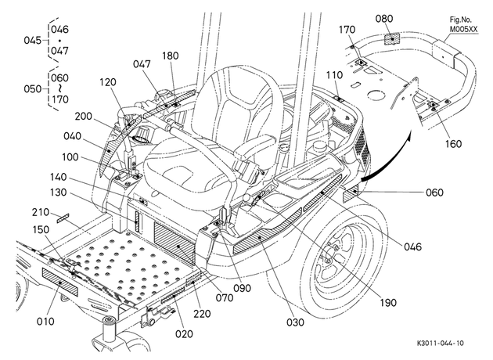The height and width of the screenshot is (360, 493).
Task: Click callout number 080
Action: pyautogui.click(x=384, y=19)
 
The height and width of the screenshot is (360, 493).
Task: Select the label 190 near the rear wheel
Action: pyautogui.click(x=388, y=303)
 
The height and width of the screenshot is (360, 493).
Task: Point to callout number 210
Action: pyautogui.click(x=41, y=213)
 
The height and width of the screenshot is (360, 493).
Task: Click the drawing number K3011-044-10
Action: pyautogui.click(x=440, y=343)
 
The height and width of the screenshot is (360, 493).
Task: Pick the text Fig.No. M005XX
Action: pyautogui.click(x=463, y=24)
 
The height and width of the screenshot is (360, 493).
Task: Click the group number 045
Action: pyautogui.click(x=33, y=41)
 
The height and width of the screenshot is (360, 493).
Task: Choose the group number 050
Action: pyautogui.click(x=33, y=89)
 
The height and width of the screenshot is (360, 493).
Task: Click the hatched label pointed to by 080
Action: pyautogui.click(x=392, y=39)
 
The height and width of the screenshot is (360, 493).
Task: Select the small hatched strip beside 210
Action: pyautogui.click(x=63, y=218)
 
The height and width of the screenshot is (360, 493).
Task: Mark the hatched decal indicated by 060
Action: pyautogui.click(x=350, y=194)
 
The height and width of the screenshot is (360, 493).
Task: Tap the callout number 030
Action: pyautogui.click(x=295, y=322)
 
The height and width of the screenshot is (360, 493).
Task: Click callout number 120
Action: pyautogui.click(x=108, y=82)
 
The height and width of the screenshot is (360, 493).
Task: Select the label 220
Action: pyautogui.click(x=202, y=314)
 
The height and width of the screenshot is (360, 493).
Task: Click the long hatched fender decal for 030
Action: pyautogui.click(x=268, y=231)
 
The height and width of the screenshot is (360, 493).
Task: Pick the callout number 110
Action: pyautogui.click(x=334, y=75)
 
